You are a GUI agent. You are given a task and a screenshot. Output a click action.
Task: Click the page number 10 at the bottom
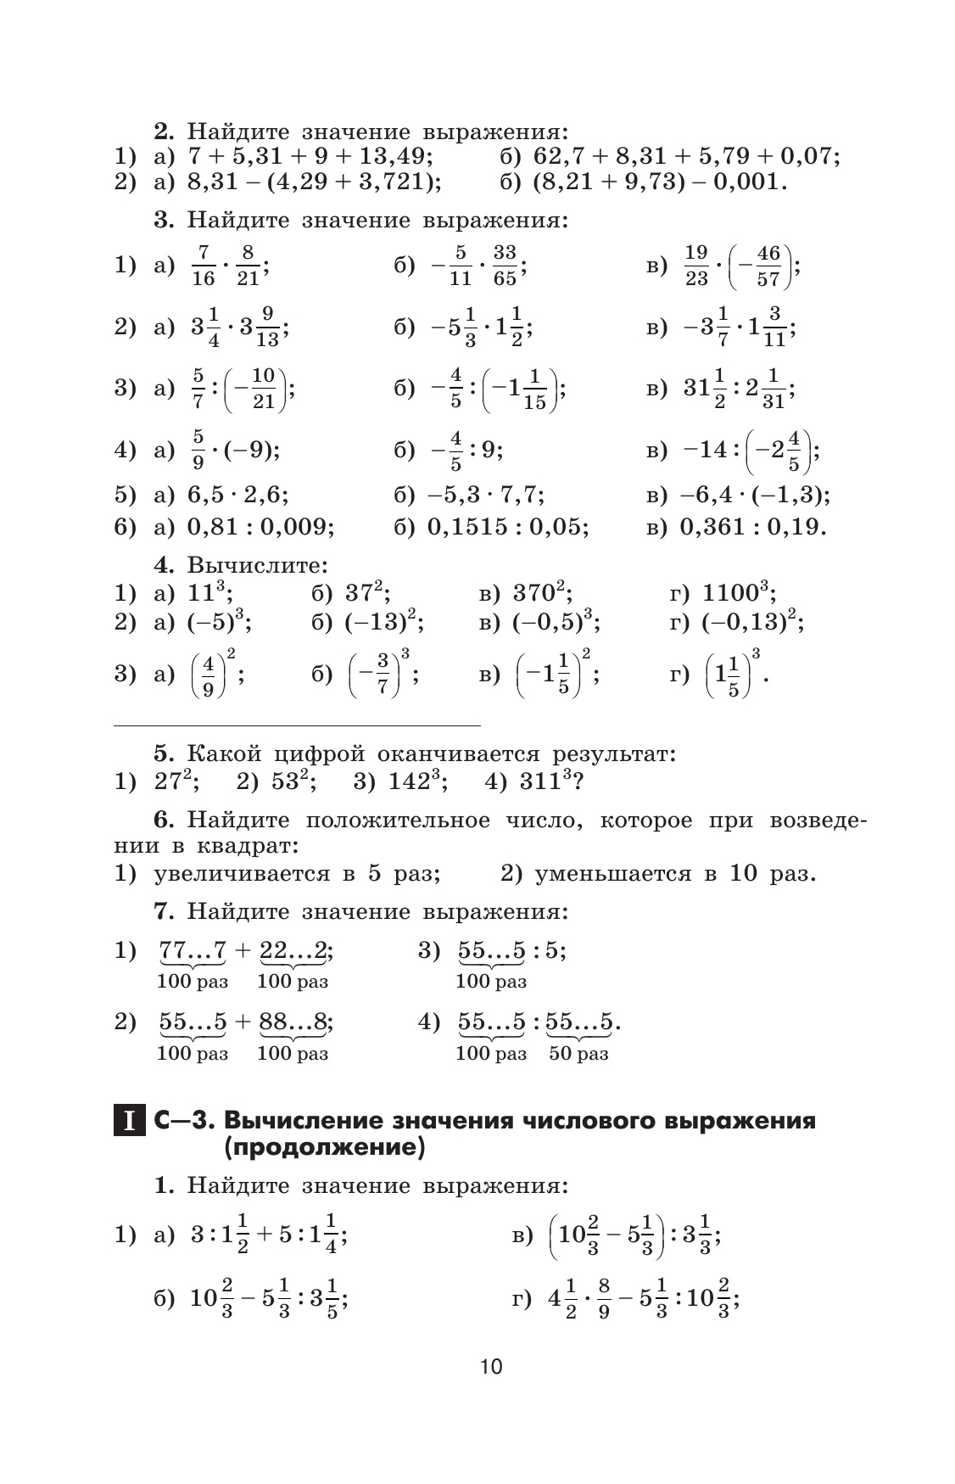click(491, 1367)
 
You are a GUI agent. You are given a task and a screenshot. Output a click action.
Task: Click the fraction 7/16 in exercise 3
click(204, 266)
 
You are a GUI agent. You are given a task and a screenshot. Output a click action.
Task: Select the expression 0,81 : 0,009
click(260, 527)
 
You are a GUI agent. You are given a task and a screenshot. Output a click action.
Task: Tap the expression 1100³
click(735, 592)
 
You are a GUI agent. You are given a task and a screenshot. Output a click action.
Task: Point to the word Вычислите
click(257, 564)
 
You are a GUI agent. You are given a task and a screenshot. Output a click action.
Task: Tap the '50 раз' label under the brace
click(578, 1055)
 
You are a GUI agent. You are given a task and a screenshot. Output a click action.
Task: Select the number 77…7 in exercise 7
click(193, 951)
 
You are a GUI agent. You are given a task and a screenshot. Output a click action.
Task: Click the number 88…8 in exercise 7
click(293, 1022)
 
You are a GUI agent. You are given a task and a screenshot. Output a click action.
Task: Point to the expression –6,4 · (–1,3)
click(755, 495)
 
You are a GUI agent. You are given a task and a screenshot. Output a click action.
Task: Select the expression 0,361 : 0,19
click(752, 527)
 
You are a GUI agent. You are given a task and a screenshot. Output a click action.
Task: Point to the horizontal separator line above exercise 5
click(297, 726)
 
